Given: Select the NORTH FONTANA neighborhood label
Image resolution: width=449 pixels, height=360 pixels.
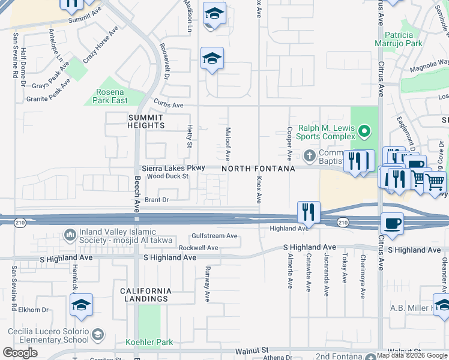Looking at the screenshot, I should click(x=258, y=169).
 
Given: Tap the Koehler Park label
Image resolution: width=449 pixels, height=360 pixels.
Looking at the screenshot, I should click(x=149, y=343).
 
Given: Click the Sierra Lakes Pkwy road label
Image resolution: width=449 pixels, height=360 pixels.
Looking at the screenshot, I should click(x=173, y=168).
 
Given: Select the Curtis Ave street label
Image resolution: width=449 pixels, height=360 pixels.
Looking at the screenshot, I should click(x=168, y=104).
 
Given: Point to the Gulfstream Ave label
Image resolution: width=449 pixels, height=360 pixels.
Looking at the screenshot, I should click(x=214, y=236).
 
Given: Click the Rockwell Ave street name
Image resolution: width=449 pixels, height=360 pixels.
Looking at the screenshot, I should click(x=198, y=247).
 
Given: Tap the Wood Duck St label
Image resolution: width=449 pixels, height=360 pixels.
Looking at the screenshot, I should click(x=168, y=176).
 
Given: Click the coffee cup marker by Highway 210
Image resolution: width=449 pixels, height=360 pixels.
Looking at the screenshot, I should click(x=392, y=223).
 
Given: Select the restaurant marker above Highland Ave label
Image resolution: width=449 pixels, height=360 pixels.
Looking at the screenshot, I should click(x=308, y=211).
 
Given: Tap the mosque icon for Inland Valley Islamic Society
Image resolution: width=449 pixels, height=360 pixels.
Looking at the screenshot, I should click(x=70, y=233).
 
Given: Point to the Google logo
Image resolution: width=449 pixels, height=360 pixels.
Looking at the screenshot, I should click(x=20, y=353).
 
